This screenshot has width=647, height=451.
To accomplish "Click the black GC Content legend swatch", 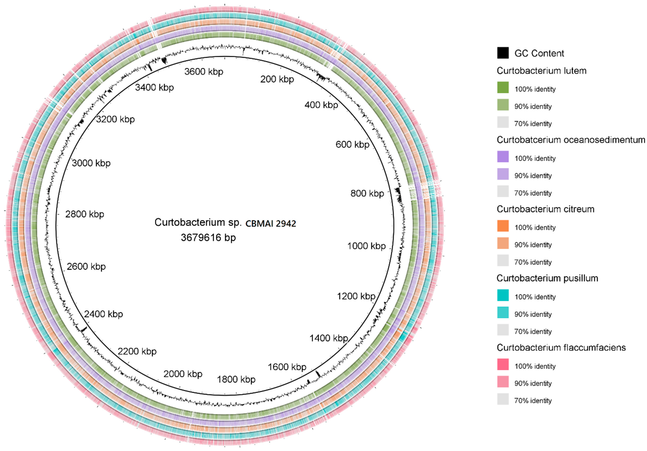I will (503, 53).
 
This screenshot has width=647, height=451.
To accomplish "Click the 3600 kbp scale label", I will (204, 72).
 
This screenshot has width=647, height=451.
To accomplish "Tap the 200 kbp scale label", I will (277, 79).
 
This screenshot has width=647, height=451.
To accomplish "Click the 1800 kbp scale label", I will (236, 379).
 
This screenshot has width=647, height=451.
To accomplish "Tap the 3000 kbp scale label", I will (91, 163).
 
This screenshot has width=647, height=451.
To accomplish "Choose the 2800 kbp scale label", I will (84, 214).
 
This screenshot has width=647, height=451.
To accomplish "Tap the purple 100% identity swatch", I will (503, 157).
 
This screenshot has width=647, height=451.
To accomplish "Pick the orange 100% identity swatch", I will (503, 226).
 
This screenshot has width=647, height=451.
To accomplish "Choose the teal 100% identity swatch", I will (503, 295).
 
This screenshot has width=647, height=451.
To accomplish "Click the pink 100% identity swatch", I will (503, 364).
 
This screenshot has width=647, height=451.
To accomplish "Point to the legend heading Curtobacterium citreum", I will (545, 209).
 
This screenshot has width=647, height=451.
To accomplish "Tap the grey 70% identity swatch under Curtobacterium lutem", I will (503, 122).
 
